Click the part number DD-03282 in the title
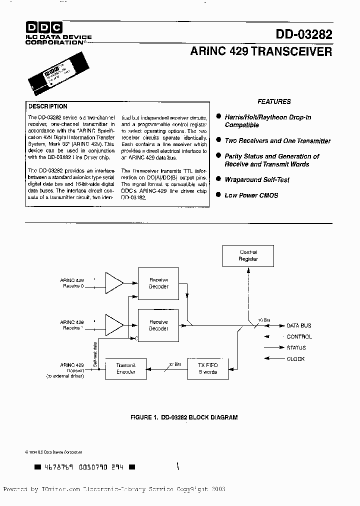[x=304, y=34]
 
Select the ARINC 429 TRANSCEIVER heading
[x=260, y=51]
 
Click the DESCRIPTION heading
[x=48, y=106]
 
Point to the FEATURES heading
[x=274, y=101]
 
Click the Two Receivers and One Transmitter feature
[x=277, y=141]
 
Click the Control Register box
[x=248, y=256]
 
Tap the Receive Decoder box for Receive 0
[x=158, y=283]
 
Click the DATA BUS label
[x=299, y=326]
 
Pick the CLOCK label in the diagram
[x=295, y=359]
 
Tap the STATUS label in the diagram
[x=296, y=348]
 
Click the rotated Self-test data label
[x=95, y=354]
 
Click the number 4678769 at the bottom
[x=59, y=467]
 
